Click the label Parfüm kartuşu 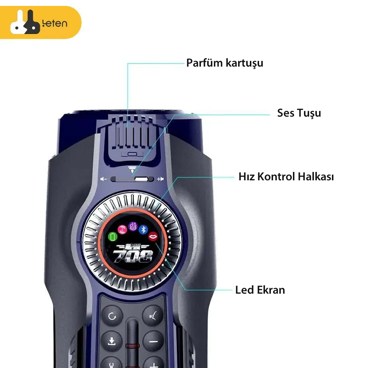(x=224, y=63)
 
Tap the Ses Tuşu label (x=299, y=113)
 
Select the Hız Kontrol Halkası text (x=286, y=177)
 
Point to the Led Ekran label (x=260, y=290)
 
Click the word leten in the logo (x=55, y=24)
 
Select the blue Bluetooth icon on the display (x=143, y=229)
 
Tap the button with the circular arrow (x=112, y=316)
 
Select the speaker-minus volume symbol (x=104, y=179)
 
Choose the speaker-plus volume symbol (x=160, y=179)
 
